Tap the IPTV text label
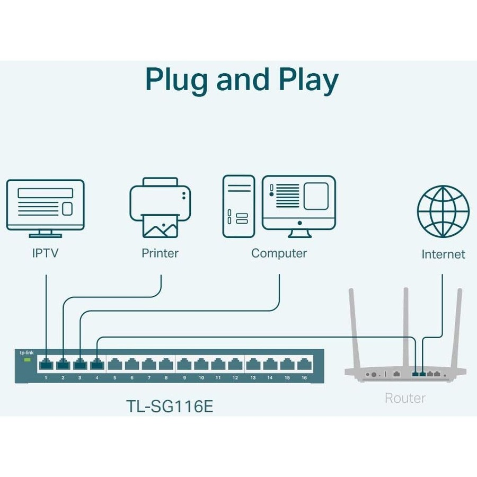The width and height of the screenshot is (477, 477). point(45,253)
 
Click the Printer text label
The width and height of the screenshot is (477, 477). point(160,253)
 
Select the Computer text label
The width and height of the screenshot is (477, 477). point(279,253)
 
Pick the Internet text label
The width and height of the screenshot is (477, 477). point(443,254)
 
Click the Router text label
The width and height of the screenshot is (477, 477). point(405,398)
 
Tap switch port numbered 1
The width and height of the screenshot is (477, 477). point(46,365)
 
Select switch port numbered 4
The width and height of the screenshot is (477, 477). point(97,365)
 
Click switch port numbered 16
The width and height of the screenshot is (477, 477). point(304,365)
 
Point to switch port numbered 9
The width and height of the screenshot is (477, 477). point(184,365)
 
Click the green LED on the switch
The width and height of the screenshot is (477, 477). point(27,360)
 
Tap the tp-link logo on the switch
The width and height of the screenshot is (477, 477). point(26,353)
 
